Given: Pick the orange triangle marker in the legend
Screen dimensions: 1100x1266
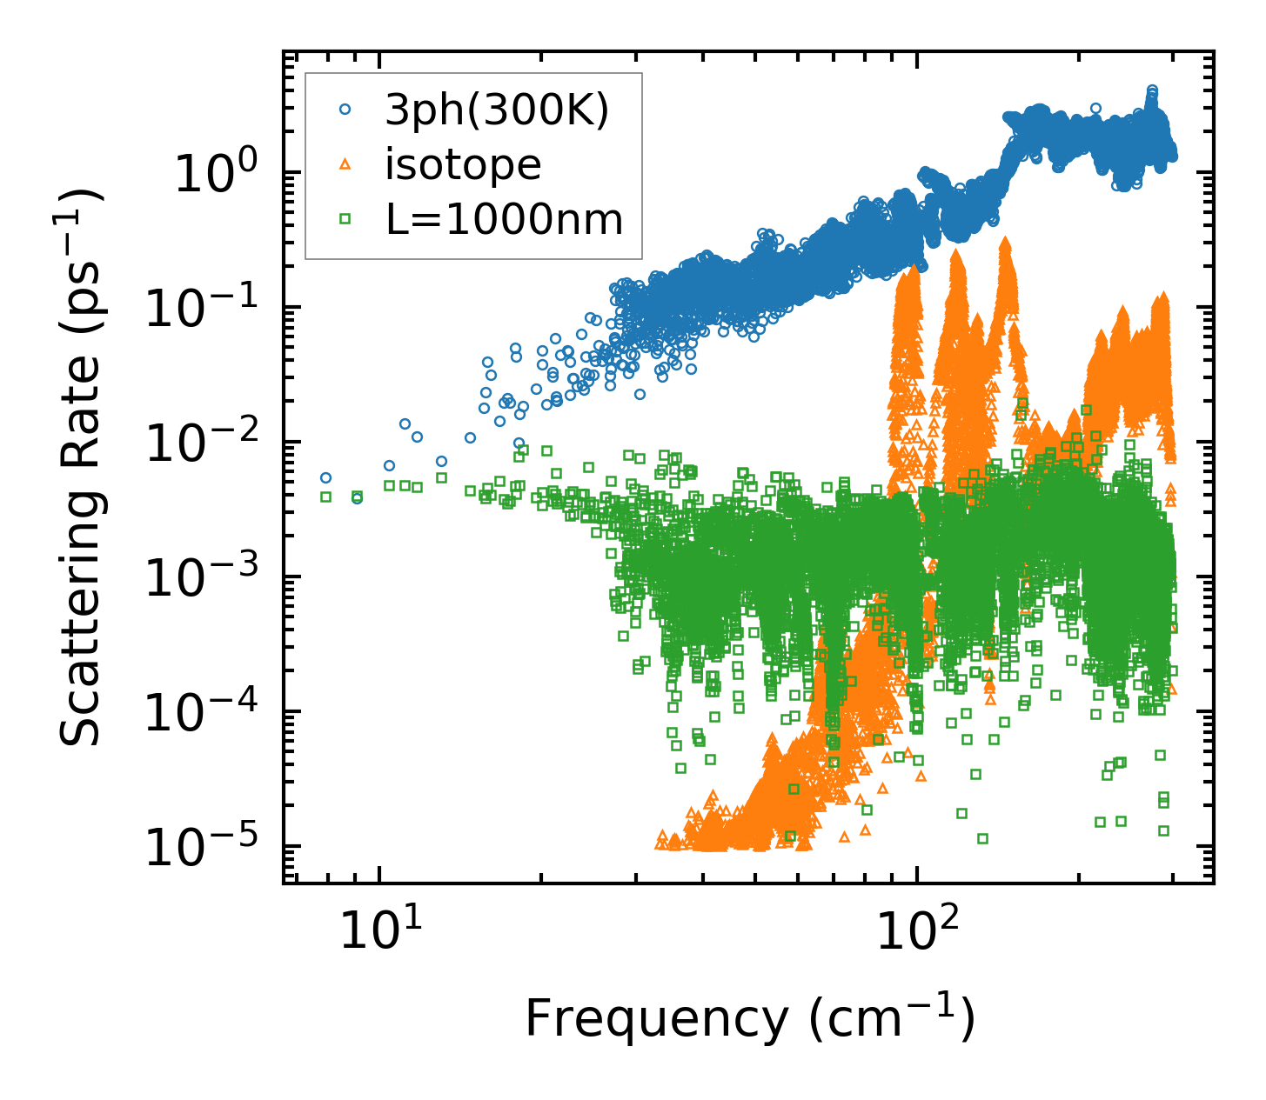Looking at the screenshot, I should coord(345,163).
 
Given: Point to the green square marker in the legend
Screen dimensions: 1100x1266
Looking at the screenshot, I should coord(345,219).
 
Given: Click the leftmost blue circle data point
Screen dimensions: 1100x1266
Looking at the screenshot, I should coord(325,477).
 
